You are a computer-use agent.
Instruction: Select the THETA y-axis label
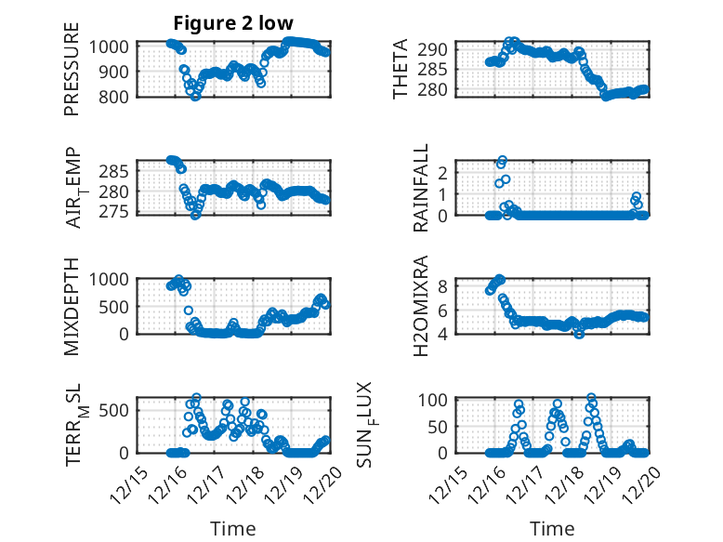[x=401, y=69]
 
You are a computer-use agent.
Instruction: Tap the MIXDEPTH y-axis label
[x=72, y=306]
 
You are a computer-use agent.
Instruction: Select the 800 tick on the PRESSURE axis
[x=119, y=96]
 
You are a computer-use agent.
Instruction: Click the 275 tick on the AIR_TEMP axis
[x=119, y=212]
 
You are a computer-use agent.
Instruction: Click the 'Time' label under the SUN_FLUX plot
[x=552, y=529]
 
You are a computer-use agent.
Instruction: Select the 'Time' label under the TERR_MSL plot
[x=233, y=529]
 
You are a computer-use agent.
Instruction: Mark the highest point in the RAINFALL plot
[x=503, y=160]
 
